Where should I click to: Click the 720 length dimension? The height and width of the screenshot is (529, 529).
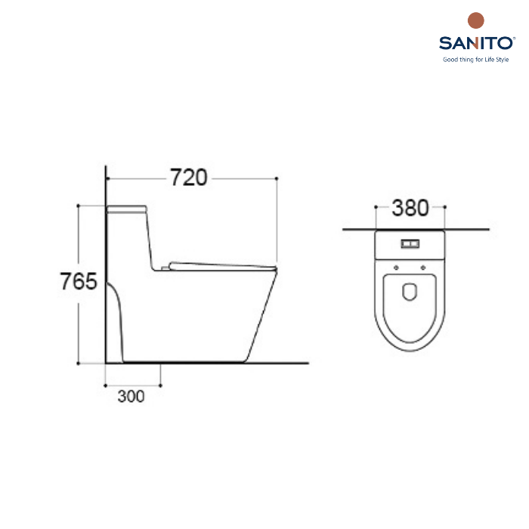pos(188,178)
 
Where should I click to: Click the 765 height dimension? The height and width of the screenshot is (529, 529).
pos(79,281)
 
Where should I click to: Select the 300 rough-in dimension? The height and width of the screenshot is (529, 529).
pos(131,396)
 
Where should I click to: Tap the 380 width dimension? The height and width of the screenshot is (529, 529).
pos(410,208)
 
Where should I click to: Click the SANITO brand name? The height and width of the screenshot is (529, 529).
pos(475,43)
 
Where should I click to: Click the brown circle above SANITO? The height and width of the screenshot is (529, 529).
pos(475,20)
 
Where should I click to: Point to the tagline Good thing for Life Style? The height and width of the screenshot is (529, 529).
pos(475,60)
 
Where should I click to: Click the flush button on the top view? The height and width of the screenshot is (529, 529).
pos(410,243)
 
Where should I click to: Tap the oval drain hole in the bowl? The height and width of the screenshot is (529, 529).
pos(410,291)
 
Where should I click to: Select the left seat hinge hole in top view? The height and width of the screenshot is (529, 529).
pos(397,268)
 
